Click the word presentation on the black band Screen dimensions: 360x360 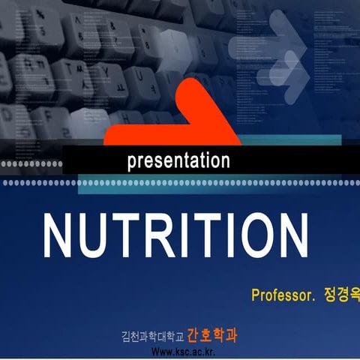[x=178, y=160]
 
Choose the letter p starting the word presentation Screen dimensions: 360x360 [x=132, y=162]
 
